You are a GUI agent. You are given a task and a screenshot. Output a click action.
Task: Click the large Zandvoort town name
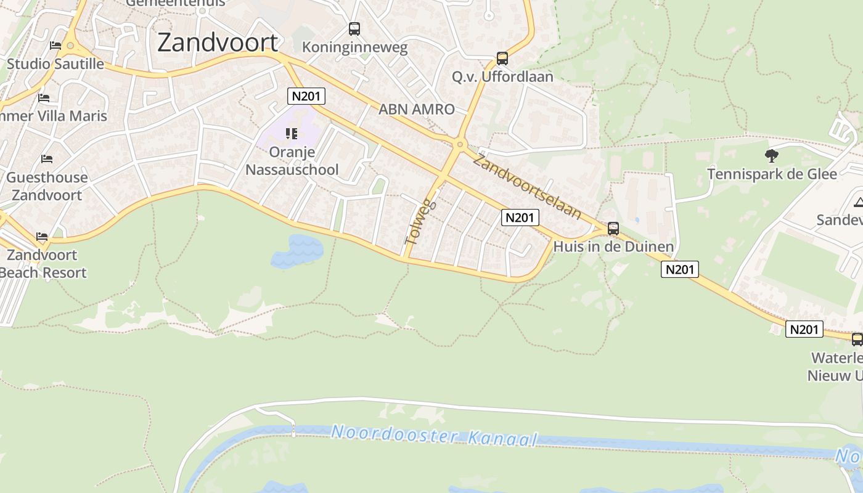[x=218, y=42]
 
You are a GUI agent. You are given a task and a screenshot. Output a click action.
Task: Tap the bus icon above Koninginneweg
[x=354, y=28]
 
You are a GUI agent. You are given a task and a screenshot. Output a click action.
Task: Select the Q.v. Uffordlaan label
[x=502, y=76]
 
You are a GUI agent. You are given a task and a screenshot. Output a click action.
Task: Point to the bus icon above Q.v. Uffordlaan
[x=502, y=59]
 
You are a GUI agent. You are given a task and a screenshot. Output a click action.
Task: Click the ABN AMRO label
[x=416, y=109]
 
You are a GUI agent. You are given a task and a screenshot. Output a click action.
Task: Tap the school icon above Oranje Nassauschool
[x=292, y=133]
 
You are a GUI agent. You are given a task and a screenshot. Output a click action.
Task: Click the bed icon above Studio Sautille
[x=55, y=46]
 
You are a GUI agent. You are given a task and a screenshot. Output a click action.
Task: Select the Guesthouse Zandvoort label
[x=47, y=186]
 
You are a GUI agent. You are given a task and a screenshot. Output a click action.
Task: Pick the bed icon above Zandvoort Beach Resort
[x=42, y=237]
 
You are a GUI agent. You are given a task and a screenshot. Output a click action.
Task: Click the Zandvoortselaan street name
[x=527, y=187]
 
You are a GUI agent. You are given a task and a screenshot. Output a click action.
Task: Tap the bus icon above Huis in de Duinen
[x=613, y=229]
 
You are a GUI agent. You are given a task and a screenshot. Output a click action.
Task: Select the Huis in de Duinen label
[x=613, y=247]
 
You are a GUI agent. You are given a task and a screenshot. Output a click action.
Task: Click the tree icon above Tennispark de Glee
[x=771, y=155]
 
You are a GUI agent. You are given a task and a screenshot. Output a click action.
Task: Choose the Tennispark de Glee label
[x=772, y=174]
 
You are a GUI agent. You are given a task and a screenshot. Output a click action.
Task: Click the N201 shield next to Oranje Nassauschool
[x=306, y=96]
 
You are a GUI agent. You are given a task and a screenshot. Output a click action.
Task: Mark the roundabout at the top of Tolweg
[x=459, y=145]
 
